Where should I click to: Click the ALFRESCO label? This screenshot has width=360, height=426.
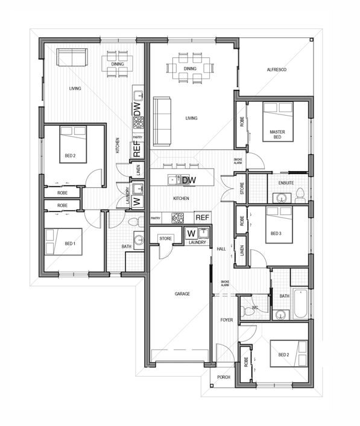(277, 70)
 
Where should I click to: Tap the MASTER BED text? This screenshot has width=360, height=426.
(277, 134)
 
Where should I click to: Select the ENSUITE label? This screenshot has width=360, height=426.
(286, 183)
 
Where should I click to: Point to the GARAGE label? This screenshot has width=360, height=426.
(182, 293)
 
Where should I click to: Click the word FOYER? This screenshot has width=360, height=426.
(227, 320)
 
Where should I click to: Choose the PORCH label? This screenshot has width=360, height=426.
(224, 377)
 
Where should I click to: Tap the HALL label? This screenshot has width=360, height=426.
(221, 249)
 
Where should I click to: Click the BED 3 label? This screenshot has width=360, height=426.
(276, 233)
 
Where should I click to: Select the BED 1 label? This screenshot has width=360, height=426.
(70, 243)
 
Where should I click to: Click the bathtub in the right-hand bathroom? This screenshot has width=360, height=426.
(301, 304)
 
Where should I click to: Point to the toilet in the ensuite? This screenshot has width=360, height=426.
(300, 196)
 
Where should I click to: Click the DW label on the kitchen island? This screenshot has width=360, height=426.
(189, 180)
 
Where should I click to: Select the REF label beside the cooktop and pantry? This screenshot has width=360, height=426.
(203, 218)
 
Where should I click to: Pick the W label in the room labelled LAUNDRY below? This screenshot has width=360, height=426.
(191, 233)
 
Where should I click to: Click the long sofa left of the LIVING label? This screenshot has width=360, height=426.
(162, 122)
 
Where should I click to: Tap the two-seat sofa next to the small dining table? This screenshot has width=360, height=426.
(72, 57)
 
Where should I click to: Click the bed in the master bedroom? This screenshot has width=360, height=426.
(278, 122)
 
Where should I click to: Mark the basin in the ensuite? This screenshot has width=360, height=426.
(282, 198)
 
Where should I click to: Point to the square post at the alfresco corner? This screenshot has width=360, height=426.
(311, 40)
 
